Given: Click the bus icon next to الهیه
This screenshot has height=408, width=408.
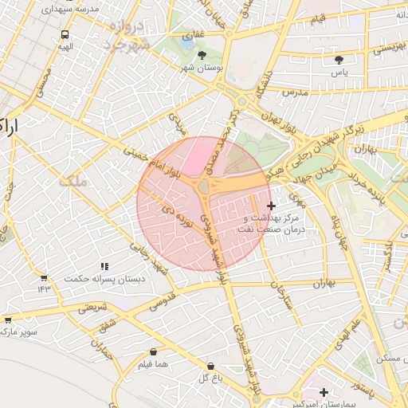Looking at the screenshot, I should [65, 35].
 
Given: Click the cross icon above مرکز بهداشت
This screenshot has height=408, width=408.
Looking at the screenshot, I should [271, 206].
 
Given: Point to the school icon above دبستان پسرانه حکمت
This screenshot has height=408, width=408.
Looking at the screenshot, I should [104, 266].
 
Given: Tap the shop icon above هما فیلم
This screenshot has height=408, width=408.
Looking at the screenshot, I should [153, 351].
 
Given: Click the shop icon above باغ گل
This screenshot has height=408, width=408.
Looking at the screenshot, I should [210, 366].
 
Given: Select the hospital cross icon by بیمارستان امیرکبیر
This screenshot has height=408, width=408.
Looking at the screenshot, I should [324, 392].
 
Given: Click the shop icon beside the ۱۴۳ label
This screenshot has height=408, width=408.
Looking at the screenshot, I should [44, 277].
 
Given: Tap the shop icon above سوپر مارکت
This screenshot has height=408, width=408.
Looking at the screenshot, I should [8, 319].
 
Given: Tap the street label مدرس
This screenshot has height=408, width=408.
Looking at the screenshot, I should [293, 93].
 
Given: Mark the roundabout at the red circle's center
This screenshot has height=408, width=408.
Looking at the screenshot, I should [204, 186].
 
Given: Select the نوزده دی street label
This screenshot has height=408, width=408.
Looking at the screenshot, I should [178, 217].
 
